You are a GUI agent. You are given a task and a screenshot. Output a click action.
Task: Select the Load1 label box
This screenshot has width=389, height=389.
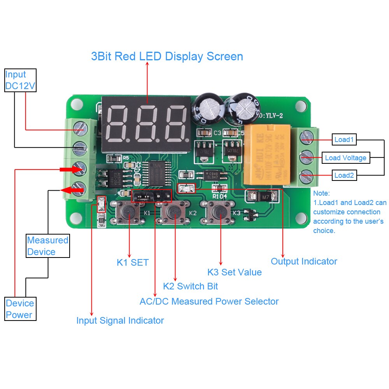click(344, 139)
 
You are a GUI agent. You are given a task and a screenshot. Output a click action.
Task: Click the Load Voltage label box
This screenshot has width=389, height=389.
click(345, 158)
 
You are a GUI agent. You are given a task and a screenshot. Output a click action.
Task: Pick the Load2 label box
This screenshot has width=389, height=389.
click(344, 175)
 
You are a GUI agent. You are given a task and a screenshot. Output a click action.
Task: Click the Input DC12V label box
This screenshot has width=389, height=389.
click(20, 81)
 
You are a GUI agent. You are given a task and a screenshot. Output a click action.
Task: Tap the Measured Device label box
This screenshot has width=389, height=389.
click(47, 246)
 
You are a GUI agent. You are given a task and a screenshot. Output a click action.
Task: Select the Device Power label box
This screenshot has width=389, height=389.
click(20, 309)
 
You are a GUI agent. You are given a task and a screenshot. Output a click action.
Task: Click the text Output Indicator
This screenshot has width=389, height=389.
click(304, 261)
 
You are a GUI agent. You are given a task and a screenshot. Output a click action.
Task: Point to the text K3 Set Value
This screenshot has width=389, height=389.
click(234, 272)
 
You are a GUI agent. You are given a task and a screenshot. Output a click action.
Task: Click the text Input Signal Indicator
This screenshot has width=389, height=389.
click(120, 321)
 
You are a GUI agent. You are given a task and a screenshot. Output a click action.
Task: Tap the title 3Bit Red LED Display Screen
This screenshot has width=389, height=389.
click(167, 56)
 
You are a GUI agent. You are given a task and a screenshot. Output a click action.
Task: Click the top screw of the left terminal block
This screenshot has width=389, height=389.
click(80, 128)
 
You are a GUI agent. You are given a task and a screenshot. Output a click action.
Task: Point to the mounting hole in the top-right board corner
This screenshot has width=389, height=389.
click(301, 105)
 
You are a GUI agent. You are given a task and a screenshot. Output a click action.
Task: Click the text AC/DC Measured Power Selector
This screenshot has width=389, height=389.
click(209, 301)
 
